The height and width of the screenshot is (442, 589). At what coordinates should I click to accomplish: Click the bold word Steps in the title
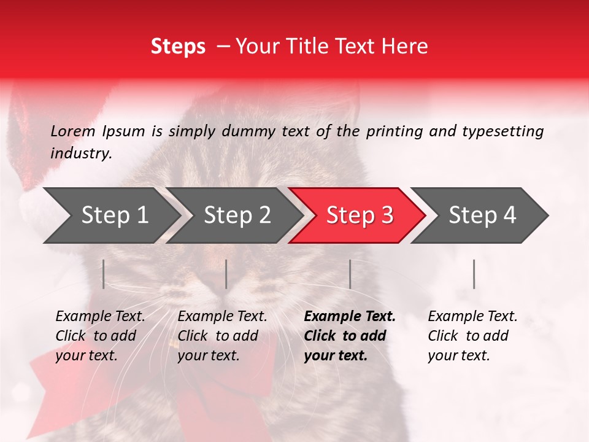pos(178,47)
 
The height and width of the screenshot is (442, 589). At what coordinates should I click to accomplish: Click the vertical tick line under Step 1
pos(104,274)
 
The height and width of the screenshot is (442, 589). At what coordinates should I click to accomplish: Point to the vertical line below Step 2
pos(226,274)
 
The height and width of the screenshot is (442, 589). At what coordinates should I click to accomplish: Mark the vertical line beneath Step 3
pos(350,274)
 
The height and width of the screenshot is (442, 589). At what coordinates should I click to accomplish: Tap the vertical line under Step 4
pos(474,274)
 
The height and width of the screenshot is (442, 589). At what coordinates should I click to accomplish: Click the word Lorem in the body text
pos(73,131)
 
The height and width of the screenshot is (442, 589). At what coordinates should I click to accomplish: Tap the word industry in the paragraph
pos(81,153)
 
